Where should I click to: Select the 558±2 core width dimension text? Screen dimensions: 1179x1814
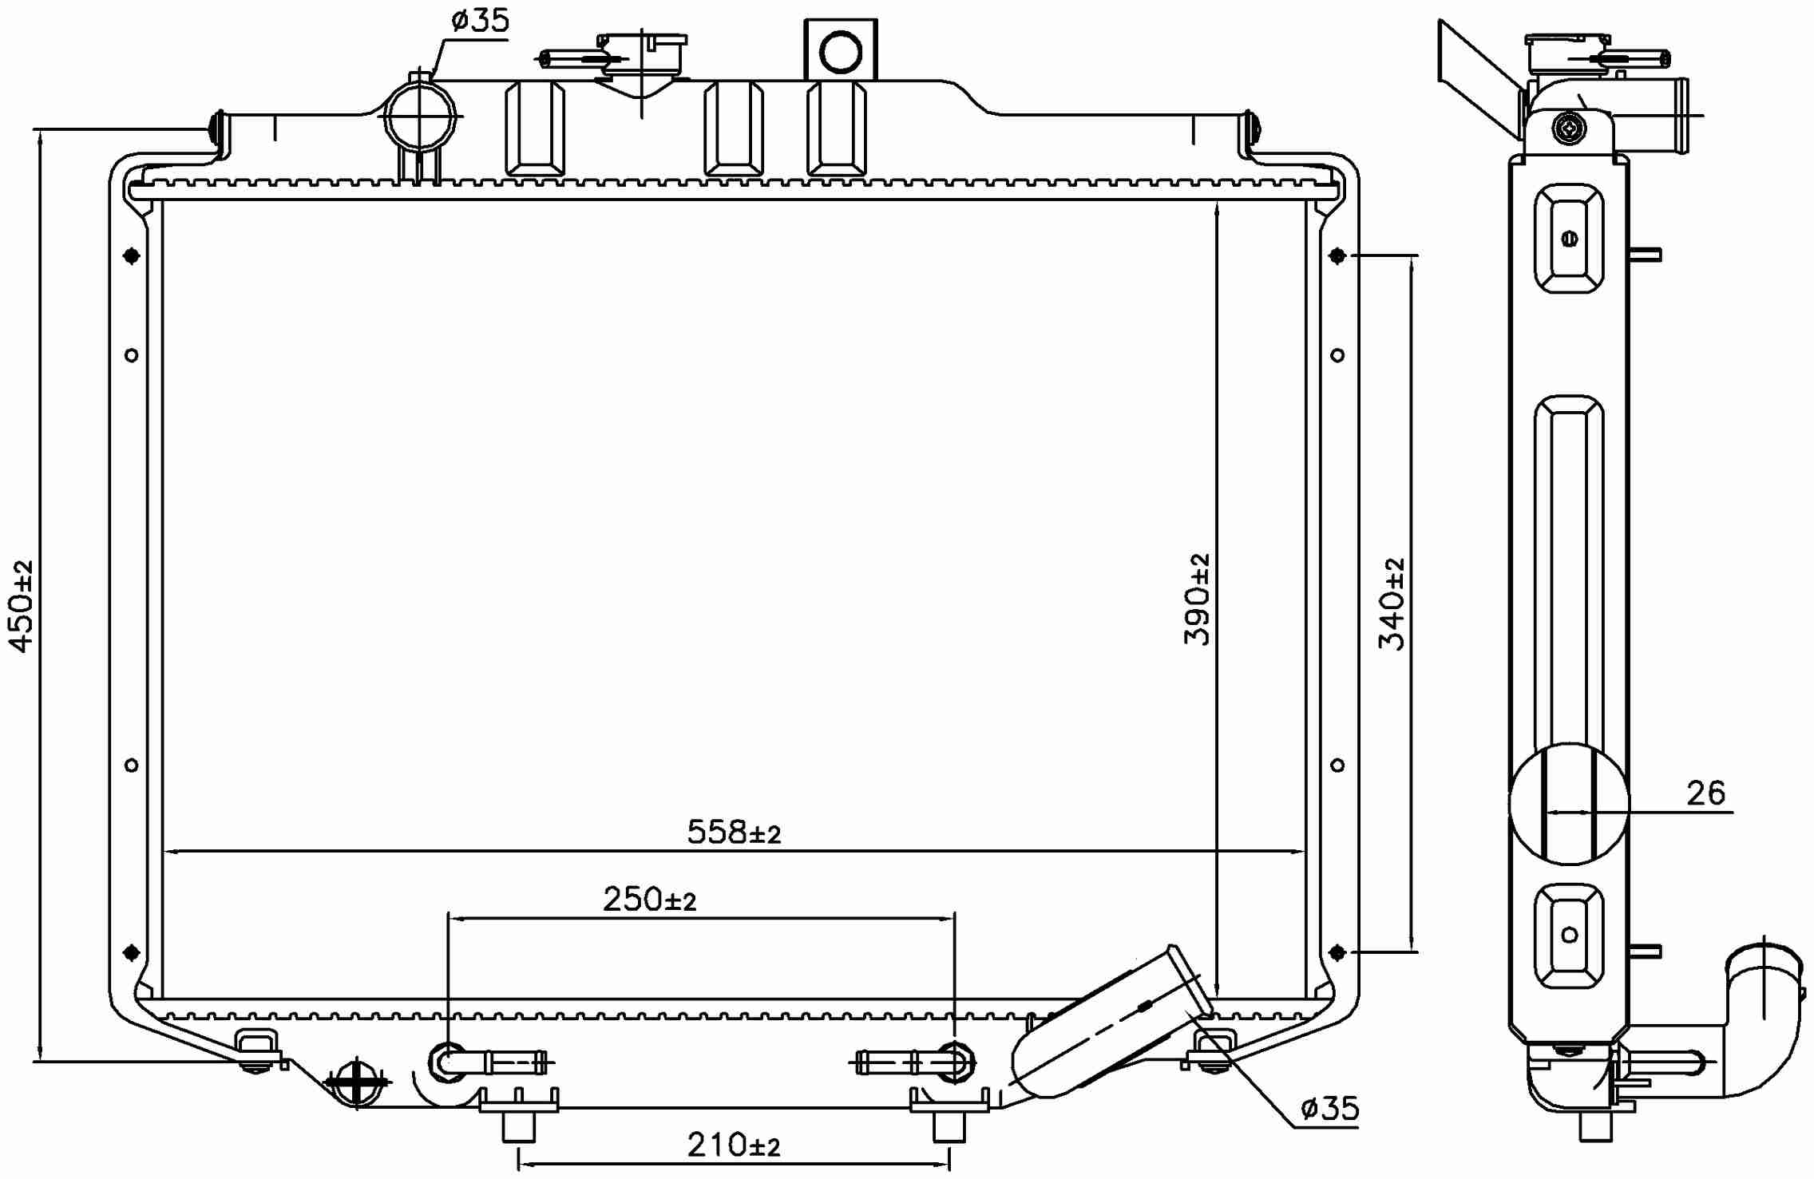point(733,833)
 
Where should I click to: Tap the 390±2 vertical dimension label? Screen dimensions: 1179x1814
point(1198,599)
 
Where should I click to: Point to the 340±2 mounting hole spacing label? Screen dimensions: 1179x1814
point(1392,603)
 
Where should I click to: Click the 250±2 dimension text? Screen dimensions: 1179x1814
point(649,900)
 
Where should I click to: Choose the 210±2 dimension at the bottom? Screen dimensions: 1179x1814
point(733,1145)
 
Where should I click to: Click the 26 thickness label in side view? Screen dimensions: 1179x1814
point(1705,793)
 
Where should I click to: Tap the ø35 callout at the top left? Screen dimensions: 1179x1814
point(479,22)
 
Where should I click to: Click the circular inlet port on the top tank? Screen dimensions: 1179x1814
point(420,116)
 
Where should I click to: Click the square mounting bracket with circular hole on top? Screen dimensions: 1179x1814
point(840,50)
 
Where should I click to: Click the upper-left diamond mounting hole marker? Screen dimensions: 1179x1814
point(132,256)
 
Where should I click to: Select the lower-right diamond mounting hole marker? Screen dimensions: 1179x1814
point(1338,952)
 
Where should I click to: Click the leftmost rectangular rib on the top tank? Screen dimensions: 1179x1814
point(535,128)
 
